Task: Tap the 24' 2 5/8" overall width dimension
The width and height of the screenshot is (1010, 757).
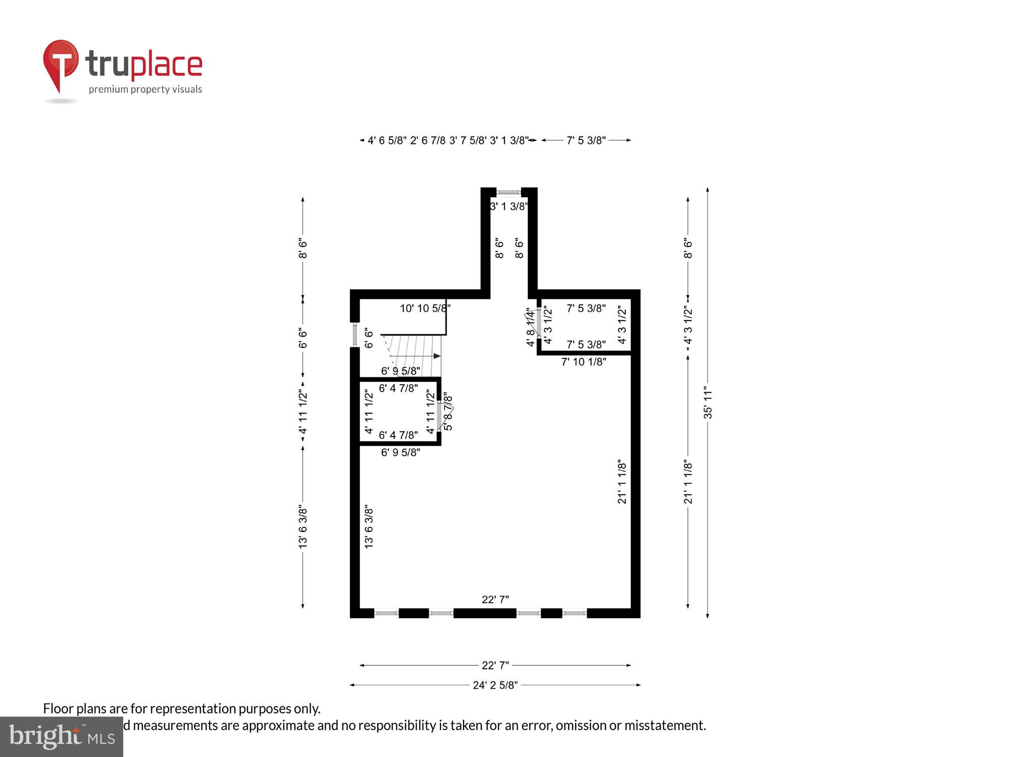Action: click(495, 685)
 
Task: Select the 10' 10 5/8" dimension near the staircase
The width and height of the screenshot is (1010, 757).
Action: click(425, 308)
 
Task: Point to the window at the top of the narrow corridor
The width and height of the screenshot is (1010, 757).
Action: click(509, 192)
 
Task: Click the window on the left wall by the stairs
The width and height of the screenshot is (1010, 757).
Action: click(355, 335)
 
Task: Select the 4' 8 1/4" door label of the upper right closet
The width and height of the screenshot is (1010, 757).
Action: click(530, 328)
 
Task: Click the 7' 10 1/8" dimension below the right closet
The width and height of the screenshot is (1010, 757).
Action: click(583, 362)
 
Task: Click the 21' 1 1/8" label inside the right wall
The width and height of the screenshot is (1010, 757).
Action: click(622, 482)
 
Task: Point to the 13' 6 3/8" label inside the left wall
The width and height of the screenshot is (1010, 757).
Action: click(369, 526)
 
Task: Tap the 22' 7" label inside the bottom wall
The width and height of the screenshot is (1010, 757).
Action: click(495, 600)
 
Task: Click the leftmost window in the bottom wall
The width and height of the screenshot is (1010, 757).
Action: click(386, 613)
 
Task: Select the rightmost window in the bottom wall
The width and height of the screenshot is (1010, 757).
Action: click(575, 613)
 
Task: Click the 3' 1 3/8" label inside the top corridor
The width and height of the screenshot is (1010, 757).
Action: click(509, 206)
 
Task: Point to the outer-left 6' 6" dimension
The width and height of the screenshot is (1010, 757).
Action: click(302, 338)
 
